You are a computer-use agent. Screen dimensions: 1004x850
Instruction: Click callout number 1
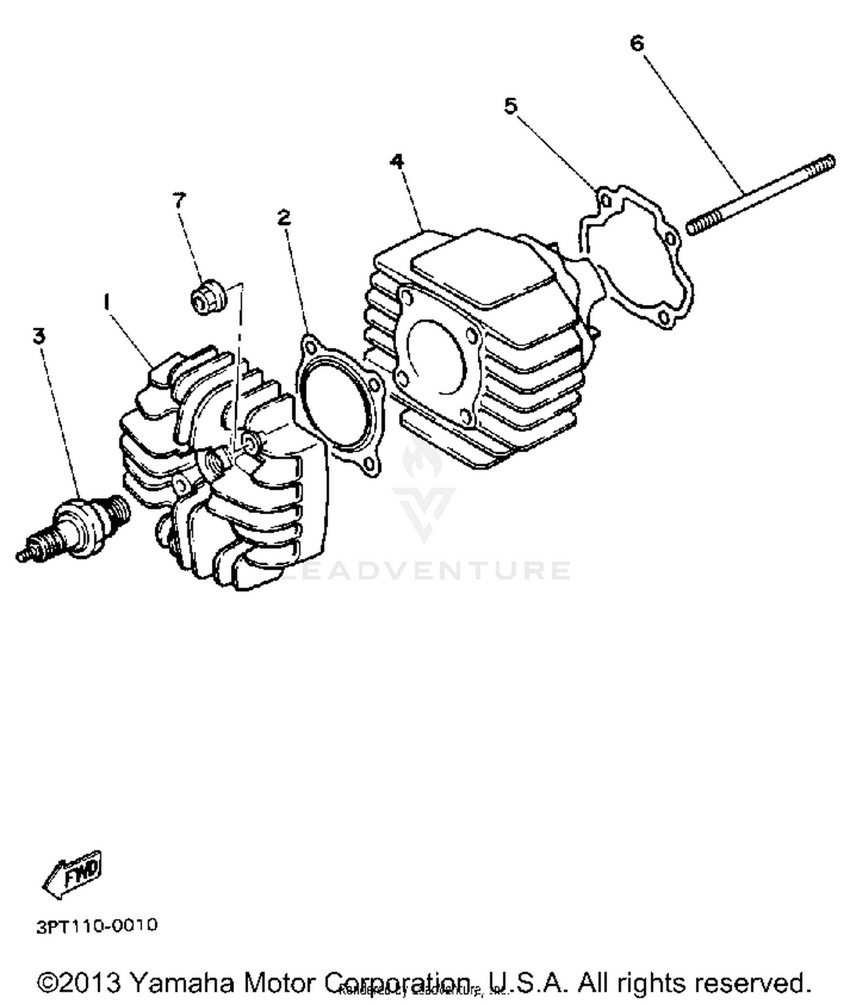point(106,302)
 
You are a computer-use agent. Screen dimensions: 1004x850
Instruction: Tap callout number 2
point(284,217)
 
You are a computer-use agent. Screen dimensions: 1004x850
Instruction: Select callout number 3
point(39,336)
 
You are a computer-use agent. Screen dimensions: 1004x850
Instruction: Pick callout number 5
point(511,105)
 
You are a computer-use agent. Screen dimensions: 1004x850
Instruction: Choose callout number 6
point(637,43)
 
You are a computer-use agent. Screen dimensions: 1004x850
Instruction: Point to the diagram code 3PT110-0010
point(97,926)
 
